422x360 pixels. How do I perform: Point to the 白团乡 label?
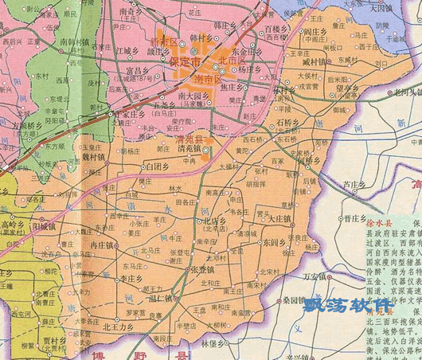(154, 167)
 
